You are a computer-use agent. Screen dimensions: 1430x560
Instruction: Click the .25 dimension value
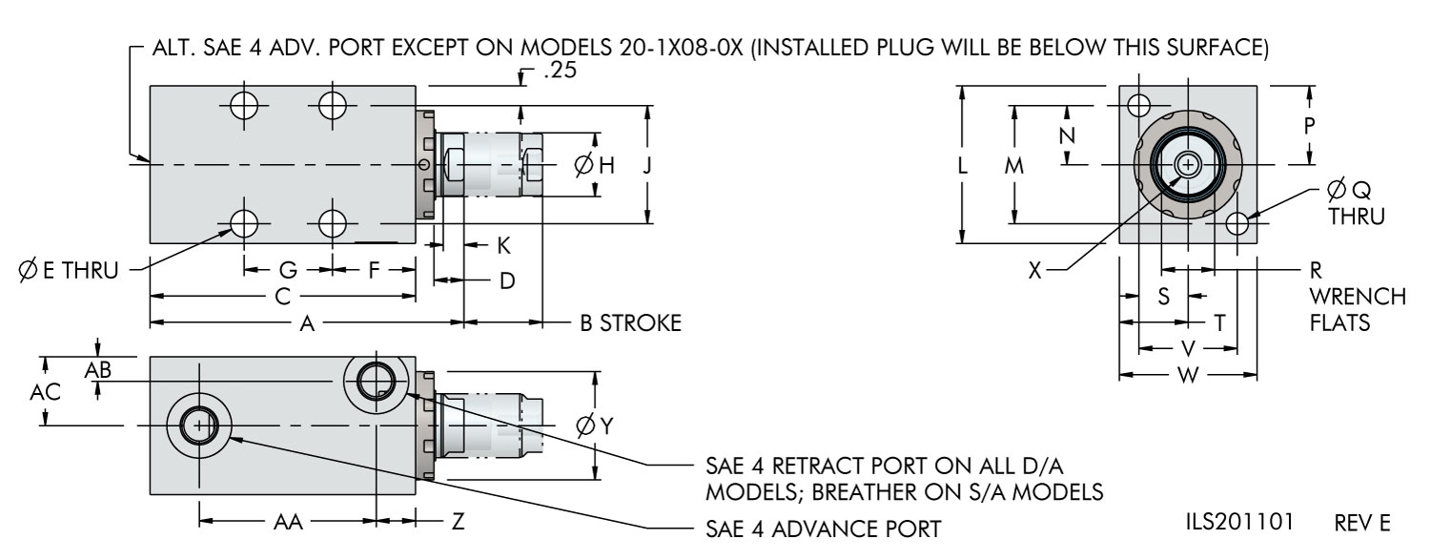tap(560, 71)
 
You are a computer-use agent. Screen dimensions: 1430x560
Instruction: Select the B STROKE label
tap(631, 323)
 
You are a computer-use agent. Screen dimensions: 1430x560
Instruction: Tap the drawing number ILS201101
tap(1239, 522)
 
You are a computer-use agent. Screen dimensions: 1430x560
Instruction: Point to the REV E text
tap(1361, 523)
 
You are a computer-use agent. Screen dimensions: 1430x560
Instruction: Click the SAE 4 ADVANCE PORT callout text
tap(823, 529)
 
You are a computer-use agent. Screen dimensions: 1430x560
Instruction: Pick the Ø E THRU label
tap(69, 271)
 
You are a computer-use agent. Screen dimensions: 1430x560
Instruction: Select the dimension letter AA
tap(288, 523)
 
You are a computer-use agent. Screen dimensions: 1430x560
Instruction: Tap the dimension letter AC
tap(46, 392)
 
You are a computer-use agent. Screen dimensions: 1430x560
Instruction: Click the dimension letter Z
tap(458, 523)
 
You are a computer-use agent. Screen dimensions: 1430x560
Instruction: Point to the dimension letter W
tap(1188, 375)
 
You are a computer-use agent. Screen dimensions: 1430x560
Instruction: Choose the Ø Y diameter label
tap(594, 425)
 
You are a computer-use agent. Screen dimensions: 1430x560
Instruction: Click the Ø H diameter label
tap(594, 166)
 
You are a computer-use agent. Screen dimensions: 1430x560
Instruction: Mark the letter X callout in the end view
tap(1034, 271)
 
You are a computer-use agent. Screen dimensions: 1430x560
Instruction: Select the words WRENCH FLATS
tap(1358, 310)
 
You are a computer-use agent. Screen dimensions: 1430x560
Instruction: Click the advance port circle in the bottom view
tap(198, 425)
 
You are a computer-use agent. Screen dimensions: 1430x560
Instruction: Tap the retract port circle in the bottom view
tap(377, 382)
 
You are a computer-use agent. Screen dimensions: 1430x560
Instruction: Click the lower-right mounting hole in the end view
tap(1237, 224)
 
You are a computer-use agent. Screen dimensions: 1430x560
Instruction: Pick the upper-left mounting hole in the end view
tap(1139, 105)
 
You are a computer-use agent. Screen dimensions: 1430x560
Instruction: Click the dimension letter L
tap(963, 166)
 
